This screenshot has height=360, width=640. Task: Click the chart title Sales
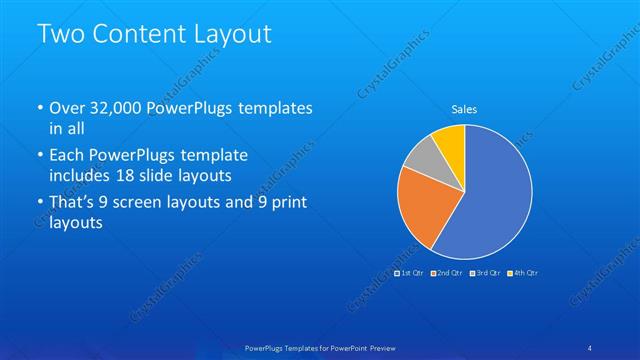464,108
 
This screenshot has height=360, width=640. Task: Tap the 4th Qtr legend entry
524,273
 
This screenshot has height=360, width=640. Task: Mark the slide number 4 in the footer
590,347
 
